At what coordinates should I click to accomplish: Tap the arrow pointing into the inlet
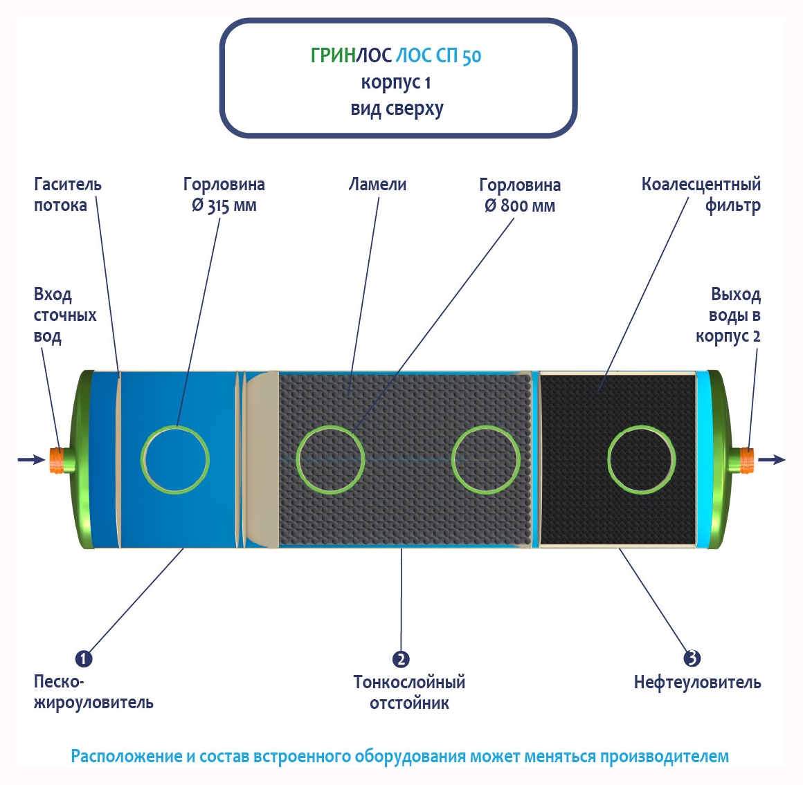pos(30,459)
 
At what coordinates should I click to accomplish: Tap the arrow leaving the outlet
pos(772,459)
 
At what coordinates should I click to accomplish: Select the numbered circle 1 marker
pos(83,658)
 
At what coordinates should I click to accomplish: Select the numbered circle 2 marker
pos(401,659)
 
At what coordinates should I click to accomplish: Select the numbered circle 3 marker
pos(692,658)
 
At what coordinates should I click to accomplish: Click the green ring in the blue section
pos(175,460)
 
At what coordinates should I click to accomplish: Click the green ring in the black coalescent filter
pos(642,460)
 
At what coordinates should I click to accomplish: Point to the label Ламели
pos(377,185)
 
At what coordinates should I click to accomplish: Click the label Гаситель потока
pos(67,194)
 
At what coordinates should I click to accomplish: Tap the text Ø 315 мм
pos(224,206)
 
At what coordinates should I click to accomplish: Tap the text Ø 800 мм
pos(520,206)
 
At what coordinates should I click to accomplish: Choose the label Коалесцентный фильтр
pos(701,194)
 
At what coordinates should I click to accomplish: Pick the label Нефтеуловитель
pos(697,683)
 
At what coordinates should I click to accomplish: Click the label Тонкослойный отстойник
pos(409,692)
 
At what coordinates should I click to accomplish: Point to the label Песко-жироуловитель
pos(93,692)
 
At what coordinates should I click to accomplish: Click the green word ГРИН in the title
pos(333,55)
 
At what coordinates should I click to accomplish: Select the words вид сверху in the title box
pos(397,109)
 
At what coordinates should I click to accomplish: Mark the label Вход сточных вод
pos(64,315)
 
